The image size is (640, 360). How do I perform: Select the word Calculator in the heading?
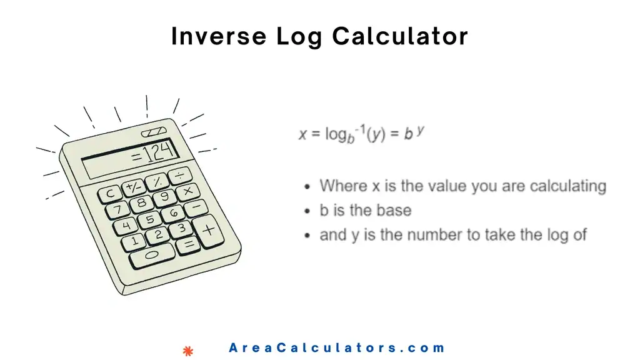400,37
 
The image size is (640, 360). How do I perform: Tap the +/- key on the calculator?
132,187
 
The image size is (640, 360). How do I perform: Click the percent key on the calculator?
157,181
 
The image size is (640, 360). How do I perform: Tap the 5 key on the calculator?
149,219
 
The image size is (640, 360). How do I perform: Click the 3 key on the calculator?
180,229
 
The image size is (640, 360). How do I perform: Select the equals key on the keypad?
187,246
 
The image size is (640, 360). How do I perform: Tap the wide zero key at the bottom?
151,256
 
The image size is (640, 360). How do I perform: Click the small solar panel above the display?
154,132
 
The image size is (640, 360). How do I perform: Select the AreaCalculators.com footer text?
337,348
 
